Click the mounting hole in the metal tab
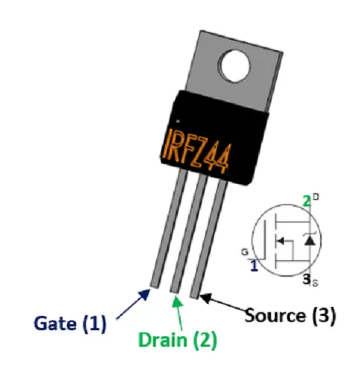pos(234,66)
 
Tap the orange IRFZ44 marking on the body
pos(195,152)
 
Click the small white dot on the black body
pos(178,121)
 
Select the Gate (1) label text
pos(70,323)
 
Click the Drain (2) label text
pos(178,340)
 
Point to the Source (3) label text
pos(290,315)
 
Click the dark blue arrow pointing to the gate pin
pos(133,304)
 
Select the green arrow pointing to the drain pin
pos(178,313)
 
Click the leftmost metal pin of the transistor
pos(169,228)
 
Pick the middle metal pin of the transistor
pos(189,233)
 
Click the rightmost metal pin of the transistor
pos(209,239)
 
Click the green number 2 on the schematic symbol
pos(307,201)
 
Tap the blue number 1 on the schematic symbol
pos(255,266)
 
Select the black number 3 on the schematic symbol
pos(307,279)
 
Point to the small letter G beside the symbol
pos(245,252)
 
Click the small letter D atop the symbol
pos(316,197)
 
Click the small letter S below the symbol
pos(315,284)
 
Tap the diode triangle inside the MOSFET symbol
pos(310,241)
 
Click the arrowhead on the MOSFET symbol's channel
pos(279,241)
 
